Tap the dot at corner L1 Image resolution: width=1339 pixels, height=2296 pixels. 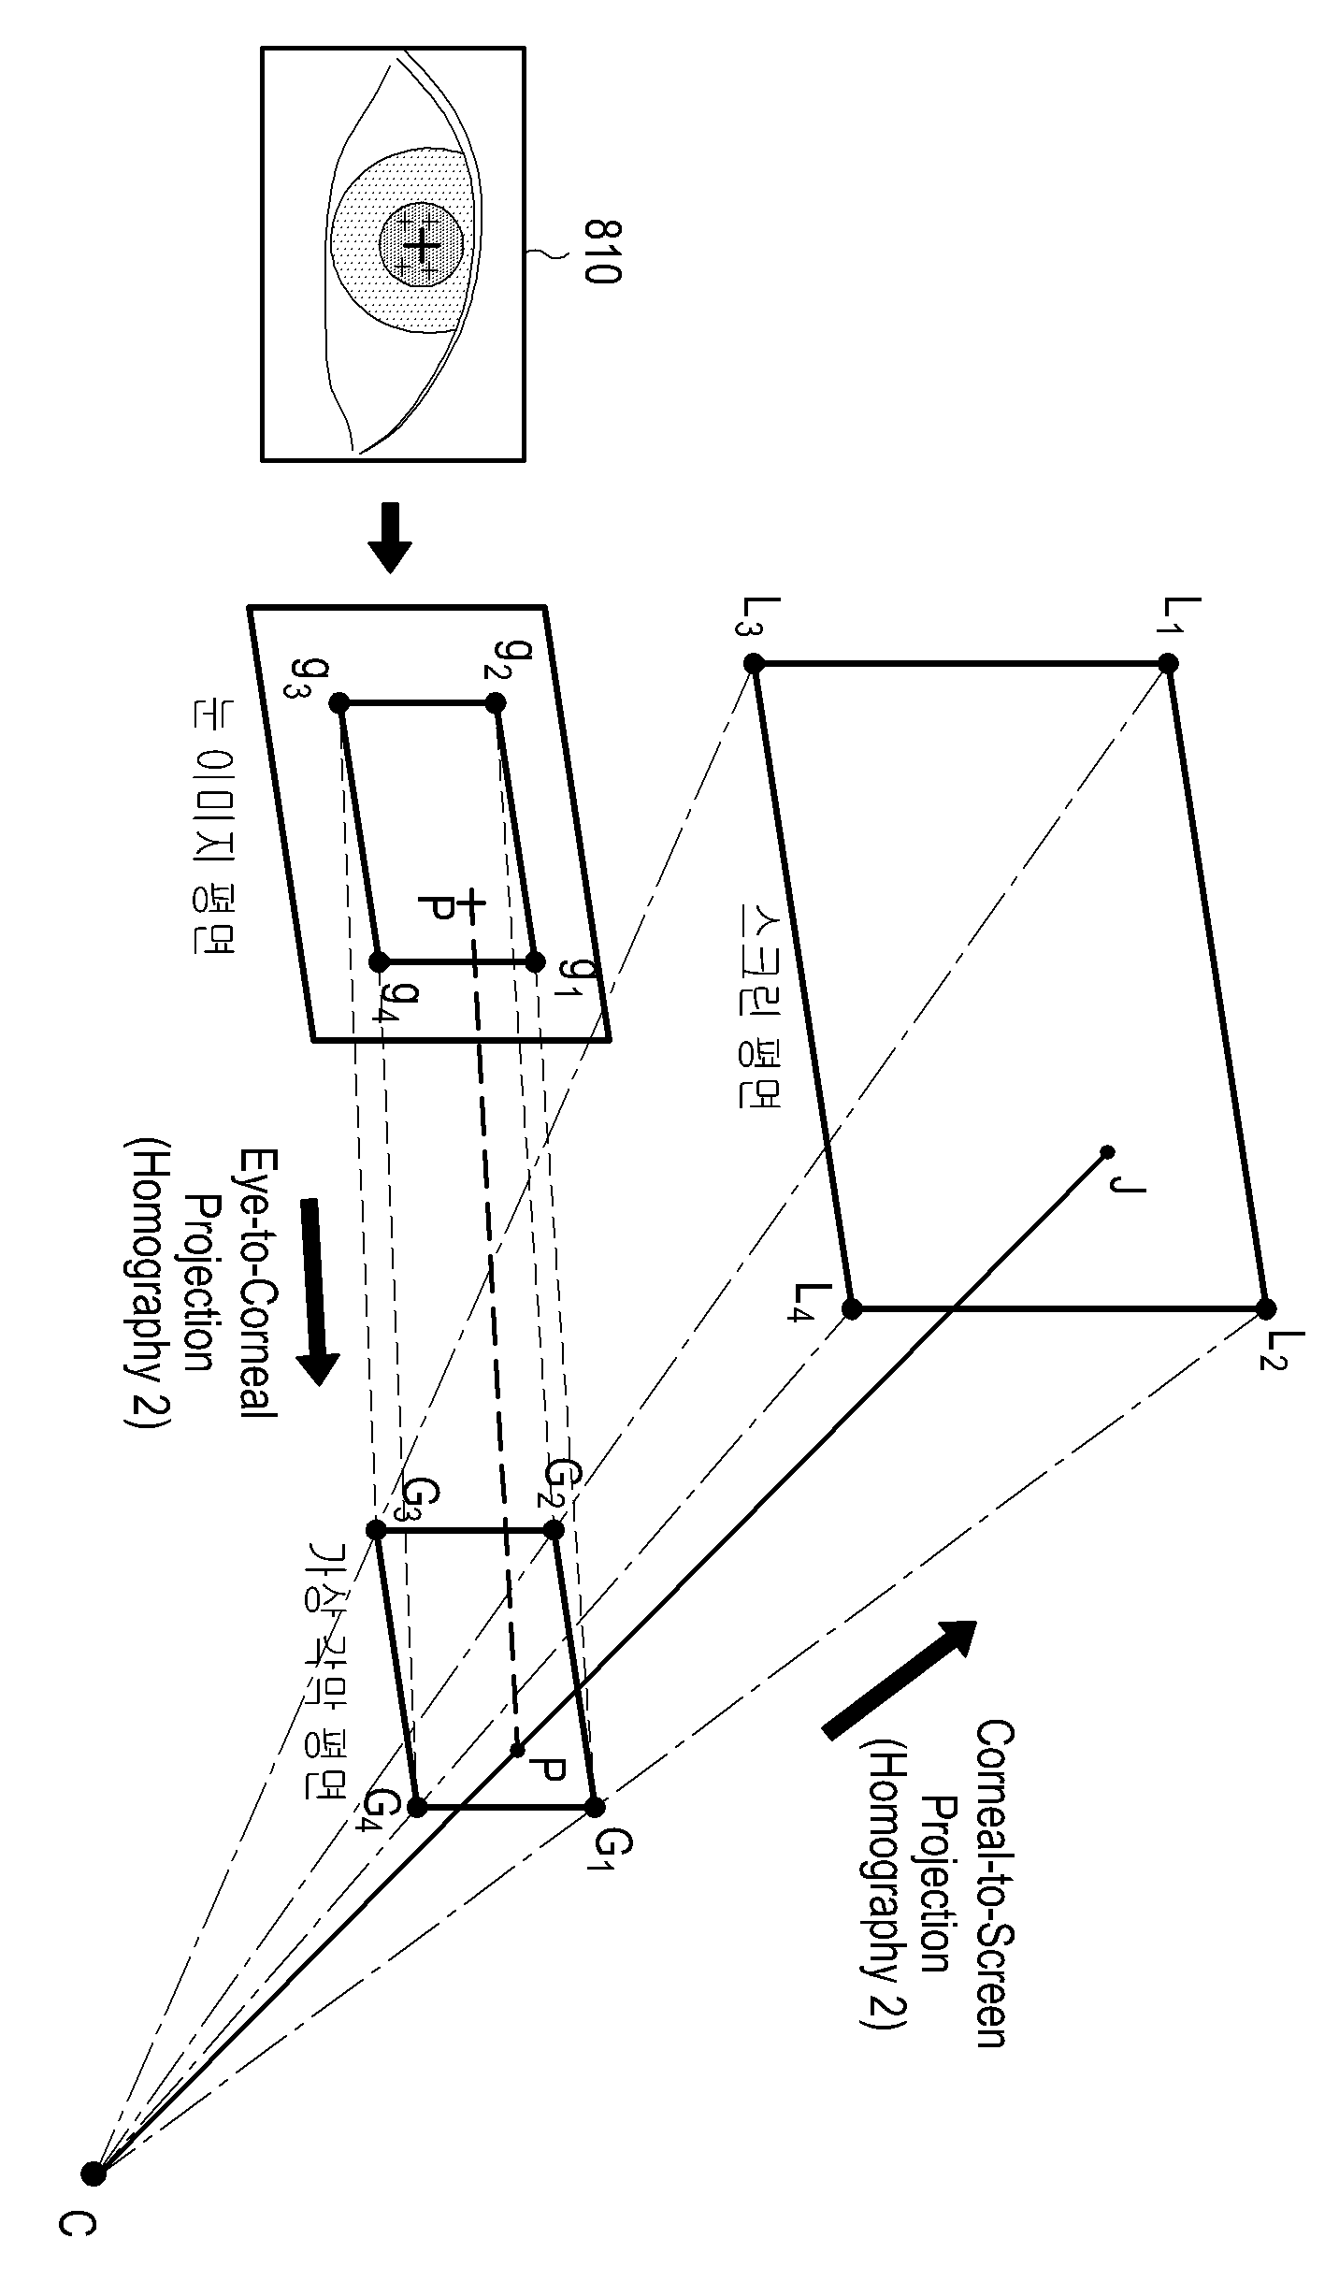(x=1168, y=663)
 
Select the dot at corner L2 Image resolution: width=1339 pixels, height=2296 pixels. (x=1266, y=1307)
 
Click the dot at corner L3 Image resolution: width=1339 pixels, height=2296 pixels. (x=755, y=664)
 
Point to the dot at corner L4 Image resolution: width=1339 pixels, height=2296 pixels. (x=852, y=1308)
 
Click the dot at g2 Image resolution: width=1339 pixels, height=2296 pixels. (x=497, y=701)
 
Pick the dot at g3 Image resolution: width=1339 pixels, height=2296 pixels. (x=339, y=702)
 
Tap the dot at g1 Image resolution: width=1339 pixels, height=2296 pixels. (x=535, y=960)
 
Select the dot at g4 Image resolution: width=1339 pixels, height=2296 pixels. (x=379, y=961)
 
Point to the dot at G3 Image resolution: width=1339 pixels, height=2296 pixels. (x=376, y=1530)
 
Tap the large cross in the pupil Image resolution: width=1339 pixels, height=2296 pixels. (x=423, y=245)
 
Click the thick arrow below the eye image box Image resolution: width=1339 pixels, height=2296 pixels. (x=389, y=538)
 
